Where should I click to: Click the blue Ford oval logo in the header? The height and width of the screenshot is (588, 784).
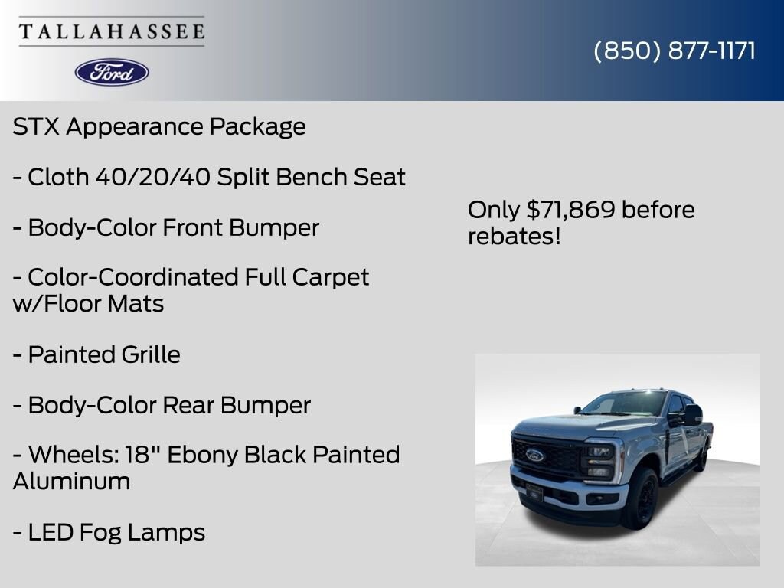(112, 72)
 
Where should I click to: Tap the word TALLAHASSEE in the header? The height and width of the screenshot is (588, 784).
(112, 32)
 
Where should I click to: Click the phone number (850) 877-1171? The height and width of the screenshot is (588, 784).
(675, 51)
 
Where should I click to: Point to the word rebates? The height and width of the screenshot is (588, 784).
(514, 236)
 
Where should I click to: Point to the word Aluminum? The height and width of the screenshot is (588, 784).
(71, 481)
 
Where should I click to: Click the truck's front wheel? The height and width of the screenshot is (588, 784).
(642, 500)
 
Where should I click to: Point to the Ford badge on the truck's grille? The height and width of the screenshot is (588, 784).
(534, 455)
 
